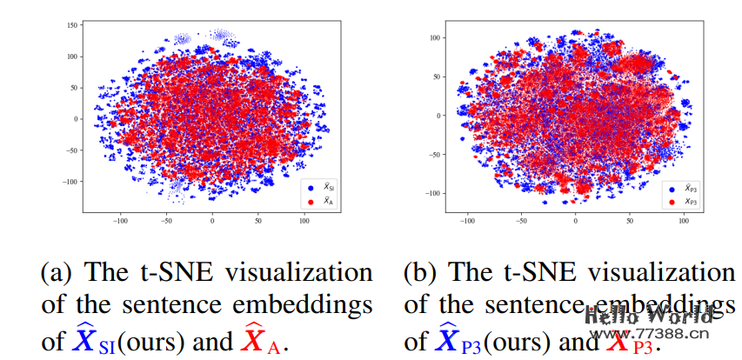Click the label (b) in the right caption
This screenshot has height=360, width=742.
click(422, 273)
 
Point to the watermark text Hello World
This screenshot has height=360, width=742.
click(648, 316)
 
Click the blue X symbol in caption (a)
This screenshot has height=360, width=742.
click(84, 341)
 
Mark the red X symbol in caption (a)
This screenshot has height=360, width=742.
click(251, 341)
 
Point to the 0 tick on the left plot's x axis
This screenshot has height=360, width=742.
click(211, 222)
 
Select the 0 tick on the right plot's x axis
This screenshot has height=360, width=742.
click(574, 222)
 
